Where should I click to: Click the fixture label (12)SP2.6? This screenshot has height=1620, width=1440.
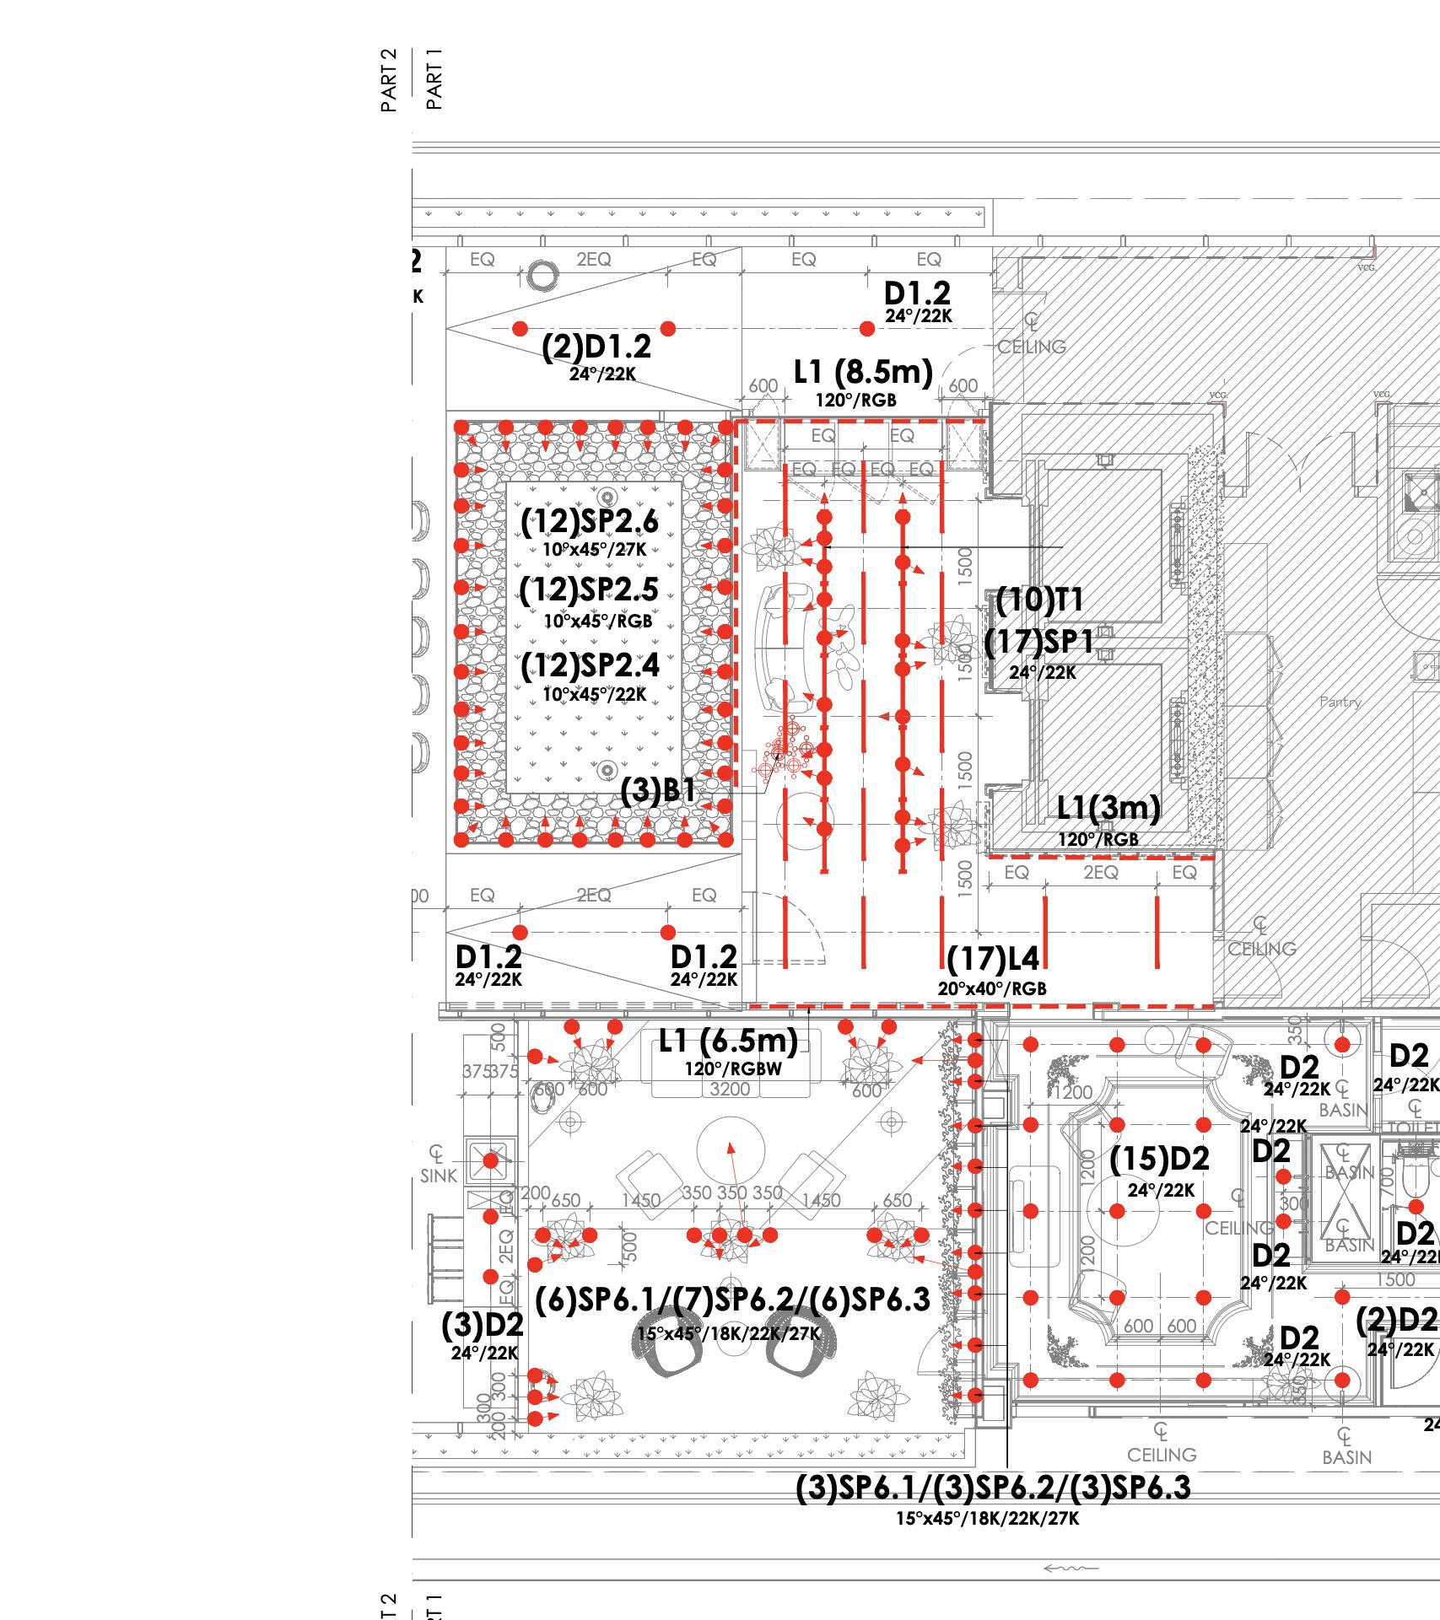point(589,523)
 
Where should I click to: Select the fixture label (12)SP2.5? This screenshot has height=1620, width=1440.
point(589,590)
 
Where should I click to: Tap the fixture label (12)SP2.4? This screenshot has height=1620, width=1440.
point(589,666)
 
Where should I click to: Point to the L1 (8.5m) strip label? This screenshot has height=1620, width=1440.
point(863,372)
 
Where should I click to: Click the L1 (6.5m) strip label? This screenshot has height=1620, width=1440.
point(728,1041)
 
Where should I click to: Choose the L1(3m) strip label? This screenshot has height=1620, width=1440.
point(1108,808)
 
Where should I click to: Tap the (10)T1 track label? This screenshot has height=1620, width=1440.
point(1039,600)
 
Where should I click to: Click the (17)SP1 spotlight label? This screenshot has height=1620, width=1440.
point(1039,643)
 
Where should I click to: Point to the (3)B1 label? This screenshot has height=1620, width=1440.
point(658,791)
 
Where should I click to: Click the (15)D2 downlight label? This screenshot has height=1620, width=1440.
point(1159,1160)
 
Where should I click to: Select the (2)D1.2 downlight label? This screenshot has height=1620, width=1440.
point(596,347)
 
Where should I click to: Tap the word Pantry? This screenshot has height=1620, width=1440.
point(1340,702)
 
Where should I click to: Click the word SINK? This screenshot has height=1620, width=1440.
point(438,1176)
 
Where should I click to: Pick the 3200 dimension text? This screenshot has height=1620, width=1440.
point(730,1089)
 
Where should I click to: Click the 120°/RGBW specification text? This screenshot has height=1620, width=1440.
point(733,1069)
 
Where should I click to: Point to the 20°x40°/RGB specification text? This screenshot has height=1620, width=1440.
point(992,988)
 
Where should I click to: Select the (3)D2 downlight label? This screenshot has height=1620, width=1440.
point(483,1325)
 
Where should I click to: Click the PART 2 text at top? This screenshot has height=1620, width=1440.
point(389,80)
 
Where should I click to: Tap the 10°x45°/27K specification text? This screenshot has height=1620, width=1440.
point(594,550)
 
